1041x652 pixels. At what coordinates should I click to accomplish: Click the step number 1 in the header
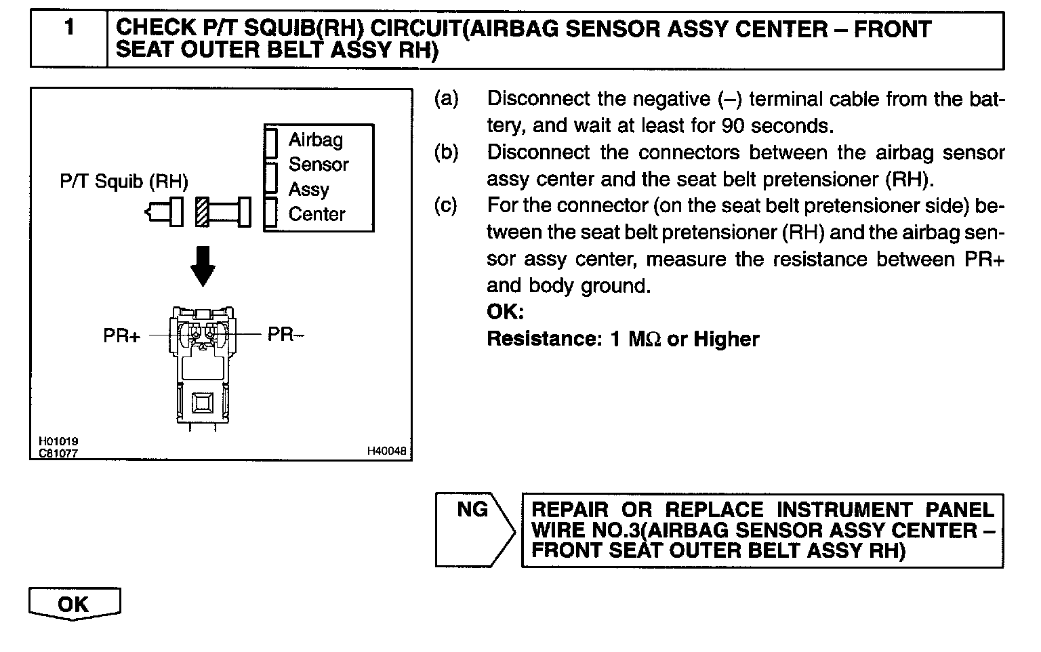click(69, 28)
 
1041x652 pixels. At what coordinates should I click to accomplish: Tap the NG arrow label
click(472, 509)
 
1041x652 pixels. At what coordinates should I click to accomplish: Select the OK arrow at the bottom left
click(74, 604)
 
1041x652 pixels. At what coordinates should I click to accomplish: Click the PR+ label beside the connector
click(121, 335)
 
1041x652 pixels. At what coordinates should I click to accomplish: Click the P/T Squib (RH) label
click(124, 182)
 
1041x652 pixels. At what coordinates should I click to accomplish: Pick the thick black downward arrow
click(203, 266)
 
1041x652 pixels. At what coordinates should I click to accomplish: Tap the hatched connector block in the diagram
click(202, 211)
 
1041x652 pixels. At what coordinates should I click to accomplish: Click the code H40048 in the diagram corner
click(387, 451)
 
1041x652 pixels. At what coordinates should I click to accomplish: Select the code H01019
click(58, 442)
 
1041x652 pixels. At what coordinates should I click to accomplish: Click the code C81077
click(58, 453)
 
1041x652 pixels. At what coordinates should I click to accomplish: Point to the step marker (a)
click(446, 99)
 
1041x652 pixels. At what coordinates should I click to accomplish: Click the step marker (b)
click(446, 152)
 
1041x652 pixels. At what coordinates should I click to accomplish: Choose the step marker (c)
click(446, 205)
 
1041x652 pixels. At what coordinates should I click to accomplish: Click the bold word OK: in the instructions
click(505, 312)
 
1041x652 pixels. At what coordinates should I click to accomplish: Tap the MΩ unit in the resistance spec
click(644, 339)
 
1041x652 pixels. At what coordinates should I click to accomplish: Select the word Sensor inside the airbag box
click(319, 165)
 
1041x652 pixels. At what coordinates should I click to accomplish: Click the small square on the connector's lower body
click(203, 403)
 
